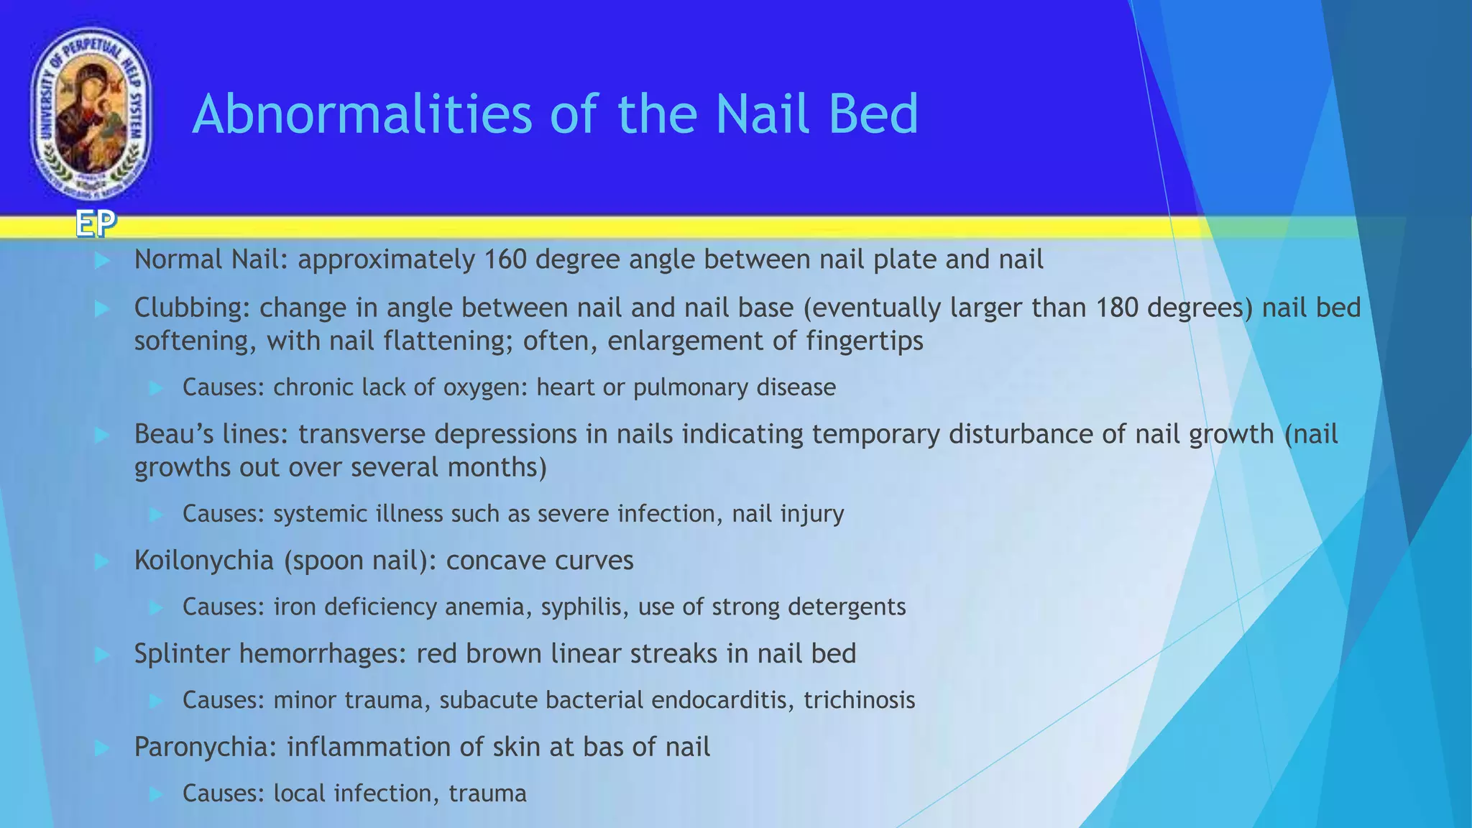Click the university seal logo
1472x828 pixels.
[91, 114]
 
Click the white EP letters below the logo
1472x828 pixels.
[96, 225]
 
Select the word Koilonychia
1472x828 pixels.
[203, 561]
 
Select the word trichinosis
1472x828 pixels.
[859, 700]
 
